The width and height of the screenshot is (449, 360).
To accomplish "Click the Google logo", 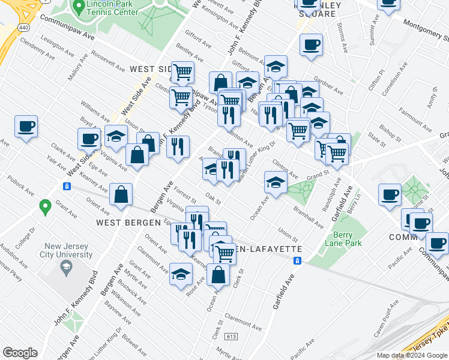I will coord(20,353).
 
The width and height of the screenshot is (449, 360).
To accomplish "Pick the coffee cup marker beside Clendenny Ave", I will coord(26,127).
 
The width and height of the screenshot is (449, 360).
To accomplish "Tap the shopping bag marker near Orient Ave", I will coord(121,194).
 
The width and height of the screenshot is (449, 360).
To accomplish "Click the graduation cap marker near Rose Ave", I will coord(181,274).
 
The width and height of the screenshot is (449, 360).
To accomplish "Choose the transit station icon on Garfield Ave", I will coord(297,261).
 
